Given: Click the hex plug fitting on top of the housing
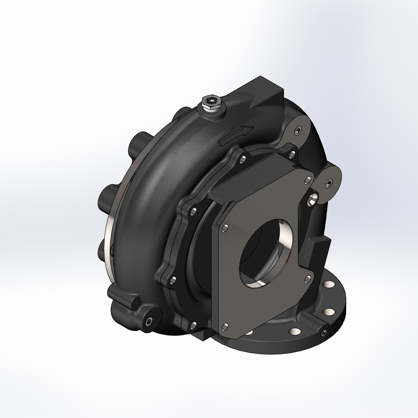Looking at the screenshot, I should click(212, 104).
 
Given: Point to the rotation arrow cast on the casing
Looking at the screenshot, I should click(235, 135).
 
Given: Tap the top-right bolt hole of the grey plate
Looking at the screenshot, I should click(308, 179).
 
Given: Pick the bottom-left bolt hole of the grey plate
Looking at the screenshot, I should click(225, 324).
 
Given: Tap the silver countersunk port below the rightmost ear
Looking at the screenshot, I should click(312, 199).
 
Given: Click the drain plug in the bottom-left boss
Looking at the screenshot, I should click(149, 321).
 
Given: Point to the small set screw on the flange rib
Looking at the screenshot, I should click(324, 333).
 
